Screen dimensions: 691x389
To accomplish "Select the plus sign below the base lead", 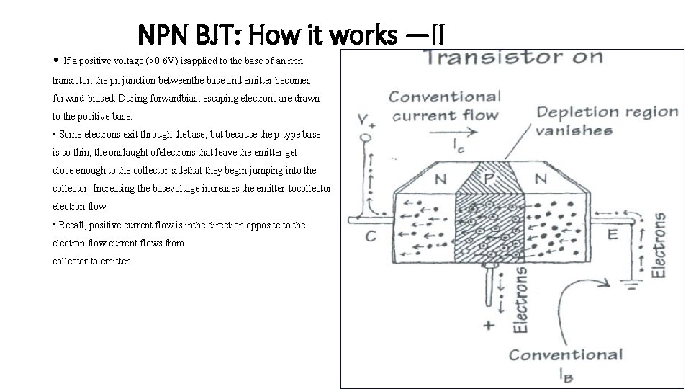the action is pyautogui.click(x=489, y=324).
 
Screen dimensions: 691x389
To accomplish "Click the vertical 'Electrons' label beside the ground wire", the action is pyautogui.click(x=659, y=245).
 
